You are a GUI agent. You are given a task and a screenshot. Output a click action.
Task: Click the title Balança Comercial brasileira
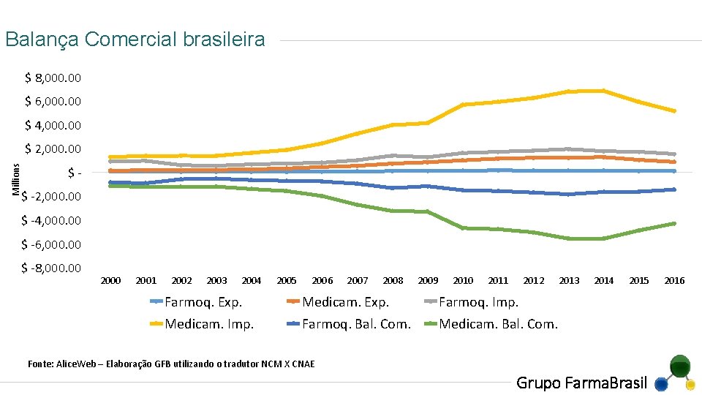(135, 39)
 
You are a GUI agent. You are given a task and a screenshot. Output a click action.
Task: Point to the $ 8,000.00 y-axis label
(53, 78)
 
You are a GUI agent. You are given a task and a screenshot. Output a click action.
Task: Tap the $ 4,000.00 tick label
(53, 125)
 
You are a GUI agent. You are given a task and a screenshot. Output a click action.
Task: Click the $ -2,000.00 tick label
(51, 197)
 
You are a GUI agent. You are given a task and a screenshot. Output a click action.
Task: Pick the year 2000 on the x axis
(110, 281)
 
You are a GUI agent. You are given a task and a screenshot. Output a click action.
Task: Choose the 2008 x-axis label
(393, 281)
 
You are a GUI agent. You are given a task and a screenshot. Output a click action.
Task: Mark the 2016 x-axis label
(674, 281)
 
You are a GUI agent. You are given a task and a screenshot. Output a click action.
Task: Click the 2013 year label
(569, 281)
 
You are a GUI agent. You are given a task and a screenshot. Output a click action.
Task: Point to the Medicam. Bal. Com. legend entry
(498, 324)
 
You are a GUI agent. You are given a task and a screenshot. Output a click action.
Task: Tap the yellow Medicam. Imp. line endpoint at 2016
(673, 111)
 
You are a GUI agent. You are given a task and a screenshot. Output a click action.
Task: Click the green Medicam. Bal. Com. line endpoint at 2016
(673, 223)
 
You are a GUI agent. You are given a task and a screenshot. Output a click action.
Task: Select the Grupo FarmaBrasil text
(581, 383)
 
